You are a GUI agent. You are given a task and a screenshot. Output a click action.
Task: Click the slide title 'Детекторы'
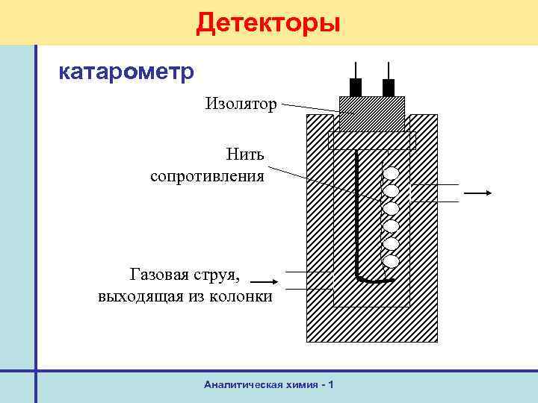[x=268, y=22]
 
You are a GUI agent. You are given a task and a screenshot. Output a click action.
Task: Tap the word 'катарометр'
[x=126, y=72]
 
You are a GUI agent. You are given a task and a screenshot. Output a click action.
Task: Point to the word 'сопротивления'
[x=207, y=176]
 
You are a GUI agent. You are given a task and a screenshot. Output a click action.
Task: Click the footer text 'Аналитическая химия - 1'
[x=268, y=384]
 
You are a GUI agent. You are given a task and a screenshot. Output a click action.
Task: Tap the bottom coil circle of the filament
[x=391, y=261]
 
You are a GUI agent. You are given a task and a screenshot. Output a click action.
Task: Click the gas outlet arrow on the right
[x=477, y=193]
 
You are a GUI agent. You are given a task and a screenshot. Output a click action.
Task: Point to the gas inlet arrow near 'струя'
[x=264, y=282]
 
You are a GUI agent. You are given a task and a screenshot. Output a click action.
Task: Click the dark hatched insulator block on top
[x=372, y=113]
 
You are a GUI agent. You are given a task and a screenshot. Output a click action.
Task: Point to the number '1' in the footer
[x=330, y=384]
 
